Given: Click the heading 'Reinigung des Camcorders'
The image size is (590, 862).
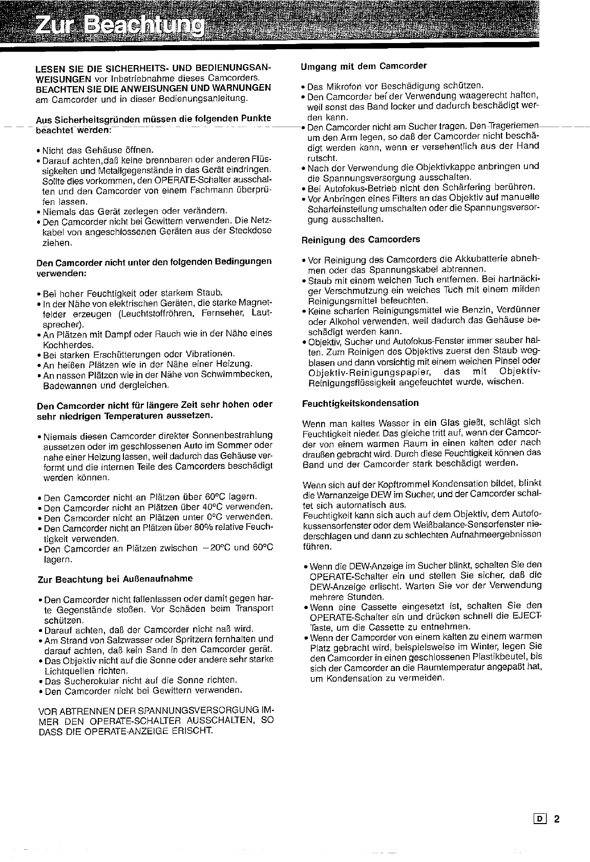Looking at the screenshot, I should point(361,239).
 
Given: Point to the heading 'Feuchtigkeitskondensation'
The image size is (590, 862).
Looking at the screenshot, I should point(361,403).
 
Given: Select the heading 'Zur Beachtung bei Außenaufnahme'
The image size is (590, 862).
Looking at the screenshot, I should point(115,579).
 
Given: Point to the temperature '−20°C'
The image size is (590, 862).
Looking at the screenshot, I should point(215,548).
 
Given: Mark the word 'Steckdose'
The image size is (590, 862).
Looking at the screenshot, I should point(254,231).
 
